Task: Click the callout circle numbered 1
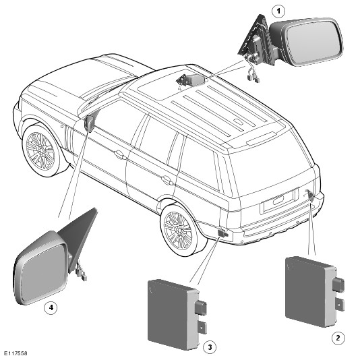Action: coord(278,11)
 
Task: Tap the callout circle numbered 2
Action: coord(338,338)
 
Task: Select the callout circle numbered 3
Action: coord(210,347)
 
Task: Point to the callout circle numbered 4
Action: coord(51,307)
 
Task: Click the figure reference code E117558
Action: coord(16,353)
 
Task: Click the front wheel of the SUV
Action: coord(41,150)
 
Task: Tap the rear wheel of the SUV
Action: coord(178,231)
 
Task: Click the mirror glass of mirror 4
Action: coord(43,272)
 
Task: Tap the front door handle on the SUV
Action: coord(120,154)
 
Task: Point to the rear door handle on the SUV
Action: coord(167,180)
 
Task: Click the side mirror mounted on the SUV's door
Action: coord(90,124)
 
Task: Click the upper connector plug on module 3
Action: coord(201,307)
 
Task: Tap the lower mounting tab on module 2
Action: coord(340,305)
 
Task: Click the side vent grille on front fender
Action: coord(69,140)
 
